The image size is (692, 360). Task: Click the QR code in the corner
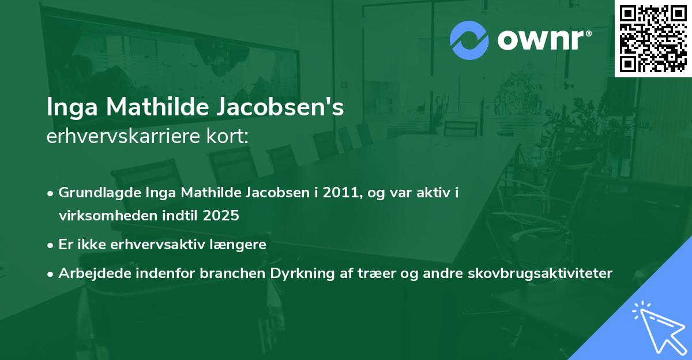653,38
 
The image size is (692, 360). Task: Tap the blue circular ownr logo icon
469,40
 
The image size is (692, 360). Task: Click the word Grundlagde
95,193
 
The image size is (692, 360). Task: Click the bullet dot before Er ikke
51,245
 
